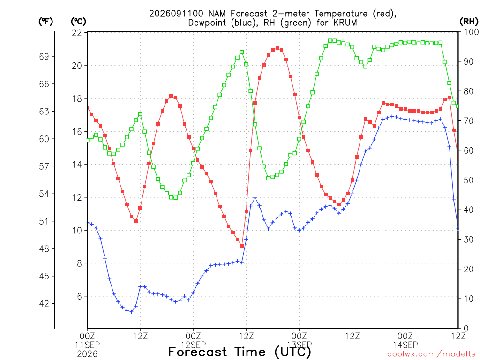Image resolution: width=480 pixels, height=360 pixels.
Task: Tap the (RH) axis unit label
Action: [x=469, y=21]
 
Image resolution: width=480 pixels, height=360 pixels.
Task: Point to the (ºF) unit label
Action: [x=45, y=22]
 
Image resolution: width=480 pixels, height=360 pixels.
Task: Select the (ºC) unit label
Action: [x=78, y=22]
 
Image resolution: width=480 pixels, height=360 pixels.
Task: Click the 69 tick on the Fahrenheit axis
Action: [x=44, y=56]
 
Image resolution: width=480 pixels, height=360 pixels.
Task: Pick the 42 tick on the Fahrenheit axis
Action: [x=44, y=304]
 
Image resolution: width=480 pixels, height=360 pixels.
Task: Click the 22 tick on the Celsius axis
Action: [x=77, y=32]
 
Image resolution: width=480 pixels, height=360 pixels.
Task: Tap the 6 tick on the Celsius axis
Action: [x=80, y=296]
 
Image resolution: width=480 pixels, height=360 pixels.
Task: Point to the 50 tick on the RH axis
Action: [x=469, y=180]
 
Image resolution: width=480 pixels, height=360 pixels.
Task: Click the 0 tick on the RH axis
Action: [x=466, y=329]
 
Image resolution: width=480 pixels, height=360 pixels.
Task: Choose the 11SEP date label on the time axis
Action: [x=87, y=345]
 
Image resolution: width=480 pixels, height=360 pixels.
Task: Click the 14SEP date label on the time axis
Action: [x=405, y=345]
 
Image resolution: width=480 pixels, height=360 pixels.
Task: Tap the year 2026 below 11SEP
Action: [x=87, y=354]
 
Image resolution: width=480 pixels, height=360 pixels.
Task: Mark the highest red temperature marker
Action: [x=277, y=48]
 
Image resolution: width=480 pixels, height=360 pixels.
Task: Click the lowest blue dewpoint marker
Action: [x=131, y=312]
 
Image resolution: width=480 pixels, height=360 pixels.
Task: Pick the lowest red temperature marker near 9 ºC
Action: [x=242, y=246]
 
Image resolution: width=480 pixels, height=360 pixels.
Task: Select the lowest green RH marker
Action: [x=175, y=198]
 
